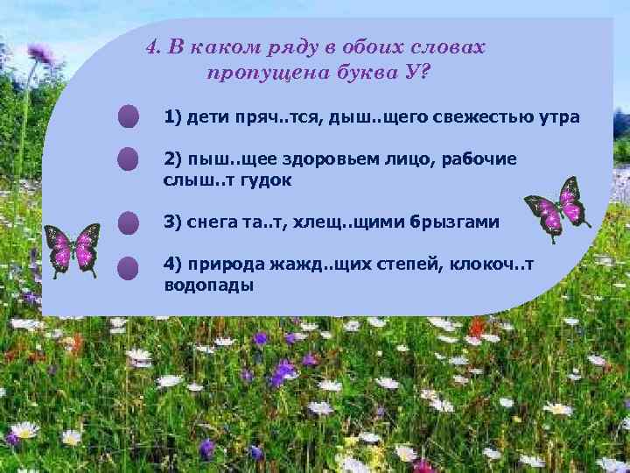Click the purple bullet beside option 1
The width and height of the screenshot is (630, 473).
point(129,116)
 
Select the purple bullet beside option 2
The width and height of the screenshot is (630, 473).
point(129,159)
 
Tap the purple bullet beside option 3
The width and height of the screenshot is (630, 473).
point(129,222)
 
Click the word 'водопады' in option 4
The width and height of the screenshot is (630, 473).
point(208,286)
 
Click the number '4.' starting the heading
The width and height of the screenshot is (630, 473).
point(153,48)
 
